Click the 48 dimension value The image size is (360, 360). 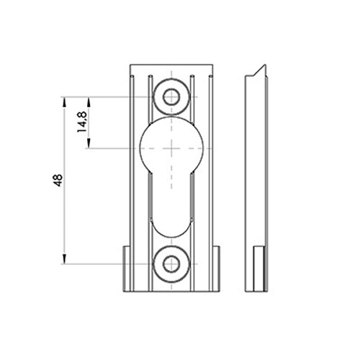pyautogui.click(x=58, y=181)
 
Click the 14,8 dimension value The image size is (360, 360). pyautogui.click(x=82, y=122)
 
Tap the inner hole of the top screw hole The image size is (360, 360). pyautogui.click(x=171, y=97)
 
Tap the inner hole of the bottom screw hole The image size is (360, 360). pyautogui.click(x=171, y=264)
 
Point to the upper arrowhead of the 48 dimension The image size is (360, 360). pyautogui.click(x=64, y=102)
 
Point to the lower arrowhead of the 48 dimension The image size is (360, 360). pyautogui.click(x=64, y=259)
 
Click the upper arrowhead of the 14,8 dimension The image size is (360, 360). pyautogui.click(x=89, y=102)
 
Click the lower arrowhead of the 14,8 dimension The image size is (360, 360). pyautogui.click(x=89, y=143)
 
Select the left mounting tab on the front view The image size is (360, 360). pyautogui.click(x=127, y=269)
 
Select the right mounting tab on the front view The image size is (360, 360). pyautogui.click(x=216, y=269)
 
